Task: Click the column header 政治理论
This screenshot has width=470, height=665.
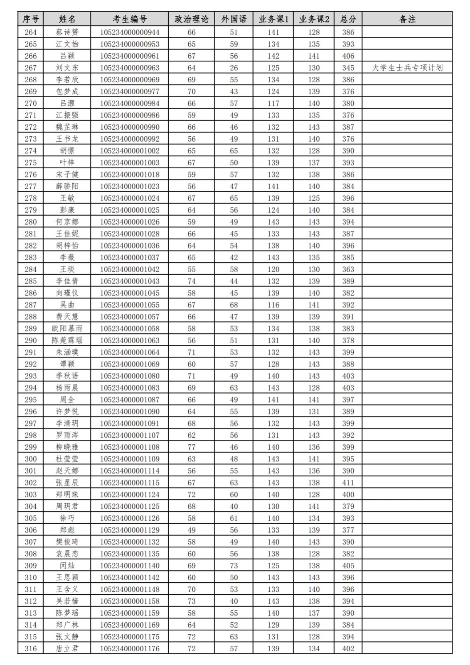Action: point(192,19)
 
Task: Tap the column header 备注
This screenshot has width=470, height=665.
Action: point(407,19)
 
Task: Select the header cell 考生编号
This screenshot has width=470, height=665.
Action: point(130,19)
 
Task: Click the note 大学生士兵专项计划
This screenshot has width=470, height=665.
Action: point(407,68)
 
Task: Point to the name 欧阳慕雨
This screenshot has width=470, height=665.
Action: point(67,328)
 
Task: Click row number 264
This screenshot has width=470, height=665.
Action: point(31,32)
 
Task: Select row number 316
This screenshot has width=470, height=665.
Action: point(31,648)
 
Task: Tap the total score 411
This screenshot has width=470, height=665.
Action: point(348,483)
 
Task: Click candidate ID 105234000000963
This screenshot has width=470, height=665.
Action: point(130,68)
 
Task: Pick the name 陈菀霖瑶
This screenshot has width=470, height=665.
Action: point(67,340)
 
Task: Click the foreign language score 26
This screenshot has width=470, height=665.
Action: point(234,68)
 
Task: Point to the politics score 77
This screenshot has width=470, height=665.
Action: point(192,447)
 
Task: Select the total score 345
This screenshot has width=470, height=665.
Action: point(348,68)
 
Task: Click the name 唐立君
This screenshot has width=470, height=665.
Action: point(67,648)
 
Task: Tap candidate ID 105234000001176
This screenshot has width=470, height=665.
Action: point(130,648)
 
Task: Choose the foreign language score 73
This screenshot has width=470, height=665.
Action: point(234,566)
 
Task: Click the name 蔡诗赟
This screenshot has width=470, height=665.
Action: point(67,32)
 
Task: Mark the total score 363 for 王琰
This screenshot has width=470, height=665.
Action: point(348,269)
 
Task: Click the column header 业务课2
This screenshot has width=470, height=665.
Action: point(314,19)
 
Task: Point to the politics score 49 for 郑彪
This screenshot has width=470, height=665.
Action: point(192,530)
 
